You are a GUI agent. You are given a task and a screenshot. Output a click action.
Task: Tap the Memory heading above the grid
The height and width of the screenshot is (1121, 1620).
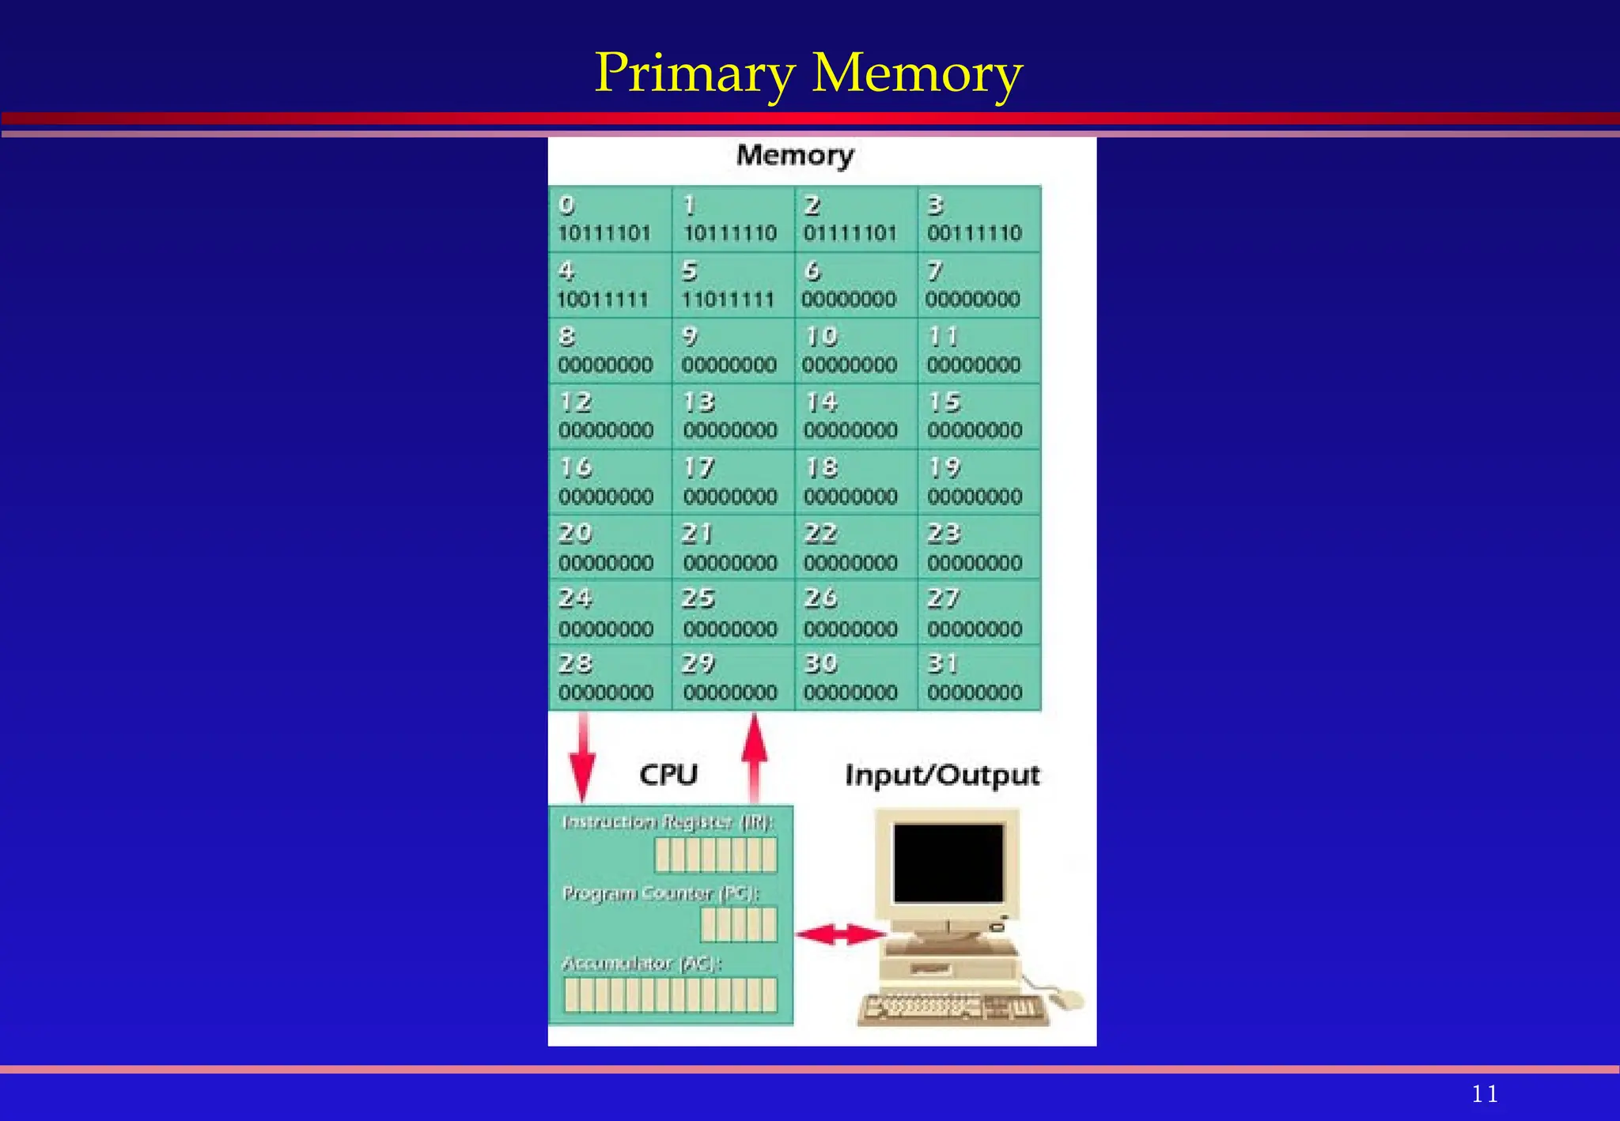(x=795, y=155)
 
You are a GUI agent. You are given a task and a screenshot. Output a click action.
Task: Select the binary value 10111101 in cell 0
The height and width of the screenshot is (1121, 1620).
(x=604, y=233)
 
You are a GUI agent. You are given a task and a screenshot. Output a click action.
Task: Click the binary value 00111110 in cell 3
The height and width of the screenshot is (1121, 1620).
(x=975, y=233)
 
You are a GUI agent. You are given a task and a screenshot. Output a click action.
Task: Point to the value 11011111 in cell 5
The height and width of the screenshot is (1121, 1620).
(x=728, y=300)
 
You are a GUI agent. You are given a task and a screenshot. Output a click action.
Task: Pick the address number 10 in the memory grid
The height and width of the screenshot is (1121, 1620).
(x=821, y=337)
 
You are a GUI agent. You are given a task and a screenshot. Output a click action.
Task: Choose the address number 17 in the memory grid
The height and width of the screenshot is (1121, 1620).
(x=698, y=468)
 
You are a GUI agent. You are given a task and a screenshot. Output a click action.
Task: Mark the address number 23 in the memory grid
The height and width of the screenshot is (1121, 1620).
(x=944, y=534)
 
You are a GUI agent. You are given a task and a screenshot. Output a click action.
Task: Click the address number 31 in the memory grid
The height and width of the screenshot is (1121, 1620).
(x=942, y=663)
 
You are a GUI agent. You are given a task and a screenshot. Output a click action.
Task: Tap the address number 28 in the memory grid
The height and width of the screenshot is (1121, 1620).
(x=575, y=663)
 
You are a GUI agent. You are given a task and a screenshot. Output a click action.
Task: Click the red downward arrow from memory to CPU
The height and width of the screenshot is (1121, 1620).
(x=583, y=756)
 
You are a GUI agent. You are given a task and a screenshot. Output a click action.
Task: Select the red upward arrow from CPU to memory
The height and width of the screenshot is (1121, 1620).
(x=755, y=756)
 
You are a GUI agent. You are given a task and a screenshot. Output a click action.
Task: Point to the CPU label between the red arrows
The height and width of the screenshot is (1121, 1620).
(x=668, y=775)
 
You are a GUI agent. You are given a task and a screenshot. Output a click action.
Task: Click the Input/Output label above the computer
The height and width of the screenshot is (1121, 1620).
(x=942, y=776)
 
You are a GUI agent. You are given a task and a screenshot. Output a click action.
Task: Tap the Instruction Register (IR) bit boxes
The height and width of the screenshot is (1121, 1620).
(x=716, y=855)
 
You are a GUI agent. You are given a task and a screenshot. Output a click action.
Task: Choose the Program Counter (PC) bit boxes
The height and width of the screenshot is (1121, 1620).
(x=739, y=924)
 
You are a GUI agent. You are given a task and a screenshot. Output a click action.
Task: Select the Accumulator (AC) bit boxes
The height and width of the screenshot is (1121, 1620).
(x=670, y=995)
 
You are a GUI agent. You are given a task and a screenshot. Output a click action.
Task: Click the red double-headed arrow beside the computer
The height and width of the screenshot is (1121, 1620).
(x=840, y=935)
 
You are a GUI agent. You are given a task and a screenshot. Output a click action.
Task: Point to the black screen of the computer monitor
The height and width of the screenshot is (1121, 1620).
(x=948, y=862)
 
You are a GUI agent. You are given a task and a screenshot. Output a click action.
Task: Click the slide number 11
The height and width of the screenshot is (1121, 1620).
(x=1485, y=1094)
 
